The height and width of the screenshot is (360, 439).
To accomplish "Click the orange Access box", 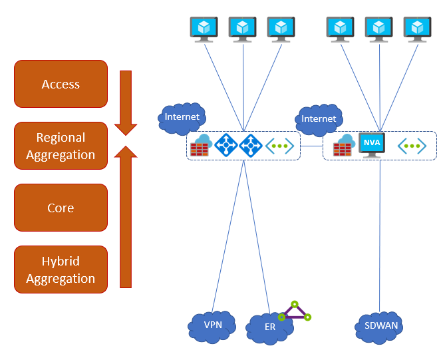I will (x=61, y=84).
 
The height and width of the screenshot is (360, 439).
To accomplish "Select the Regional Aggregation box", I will (x=61, y=146).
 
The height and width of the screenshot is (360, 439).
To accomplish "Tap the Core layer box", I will (x=61, y=208).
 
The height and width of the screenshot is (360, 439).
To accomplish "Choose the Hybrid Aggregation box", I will (x=61, y=269).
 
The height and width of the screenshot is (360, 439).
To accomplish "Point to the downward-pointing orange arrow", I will (x=126, y=100).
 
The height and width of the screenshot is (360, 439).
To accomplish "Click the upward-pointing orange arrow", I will (x=126, y=213).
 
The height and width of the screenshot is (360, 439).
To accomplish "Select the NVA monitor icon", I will (x=371, y=145).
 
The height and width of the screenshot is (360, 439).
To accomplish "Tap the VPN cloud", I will (x=212, y=326).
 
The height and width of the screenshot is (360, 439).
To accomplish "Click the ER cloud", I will (x=269, y=327).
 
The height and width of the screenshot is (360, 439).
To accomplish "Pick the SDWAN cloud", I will (x=380, y=327).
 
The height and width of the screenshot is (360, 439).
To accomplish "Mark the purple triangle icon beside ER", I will (x=294, y=312).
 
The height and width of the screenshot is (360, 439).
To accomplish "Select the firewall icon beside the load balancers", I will (x=200, y=146).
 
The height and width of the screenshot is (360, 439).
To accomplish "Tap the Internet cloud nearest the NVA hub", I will (x=319, y=118).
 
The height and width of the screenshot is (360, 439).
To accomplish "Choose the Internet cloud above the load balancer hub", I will (x=182, y=117).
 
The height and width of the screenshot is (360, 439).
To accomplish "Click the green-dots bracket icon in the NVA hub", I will (x=412, y=146).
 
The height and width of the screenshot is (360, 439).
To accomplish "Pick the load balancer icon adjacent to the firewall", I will (x=227, y=145).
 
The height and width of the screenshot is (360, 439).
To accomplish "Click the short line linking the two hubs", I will (x=311, y=146).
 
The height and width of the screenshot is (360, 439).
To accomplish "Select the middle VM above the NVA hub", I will (x=378, y=29).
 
